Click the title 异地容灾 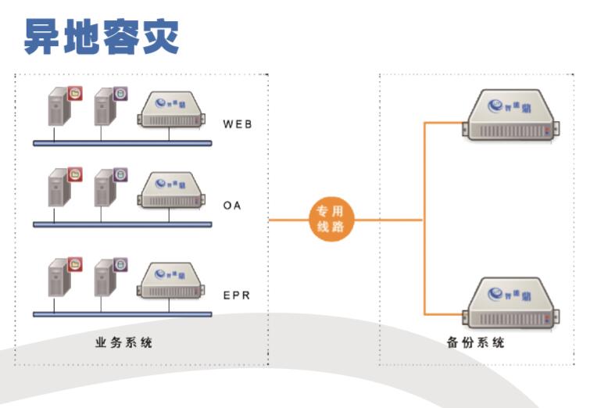(102, 36)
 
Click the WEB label (238, 123)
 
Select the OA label (232, 206)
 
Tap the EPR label (237, 295)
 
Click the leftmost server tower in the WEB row (55, 109)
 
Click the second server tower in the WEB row (102, 109)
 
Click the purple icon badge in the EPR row (121, 264)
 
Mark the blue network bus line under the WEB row (122, 143)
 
